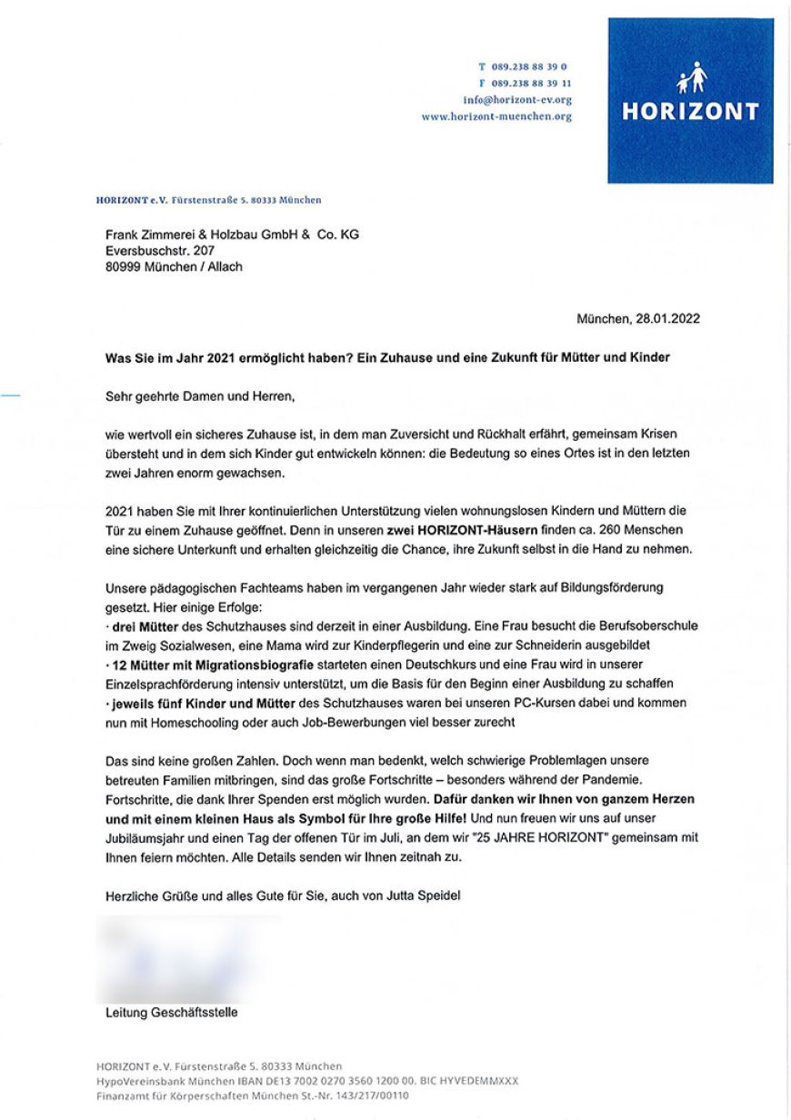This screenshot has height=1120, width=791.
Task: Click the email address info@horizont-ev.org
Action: [517, 100]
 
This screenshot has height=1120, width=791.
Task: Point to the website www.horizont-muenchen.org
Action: [496, 117]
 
